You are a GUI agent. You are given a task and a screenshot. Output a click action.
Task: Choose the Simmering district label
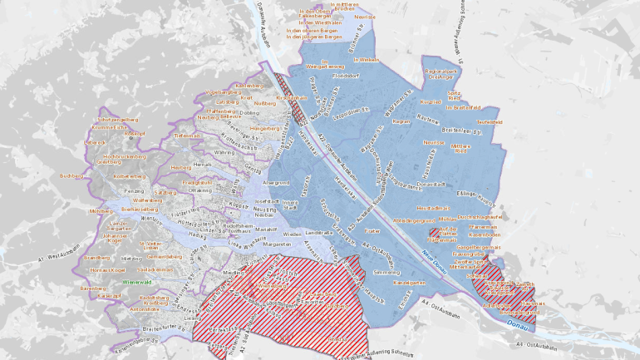pos(386,272)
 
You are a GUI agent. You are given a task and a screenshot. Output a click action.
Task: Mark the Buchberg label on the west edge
pos(71,175)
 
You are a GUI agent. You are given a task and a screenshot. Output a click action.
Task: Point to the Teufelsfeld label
pos(490,121)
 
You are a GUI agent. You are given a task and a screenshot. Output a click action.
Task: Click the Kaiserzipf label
pos(111,295)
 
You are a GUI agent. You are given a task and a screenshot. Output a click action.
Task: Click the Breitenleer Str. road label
pos(462,131)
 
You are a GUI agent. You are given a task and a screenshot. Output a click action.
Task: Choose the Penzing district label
pos(134,191)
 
